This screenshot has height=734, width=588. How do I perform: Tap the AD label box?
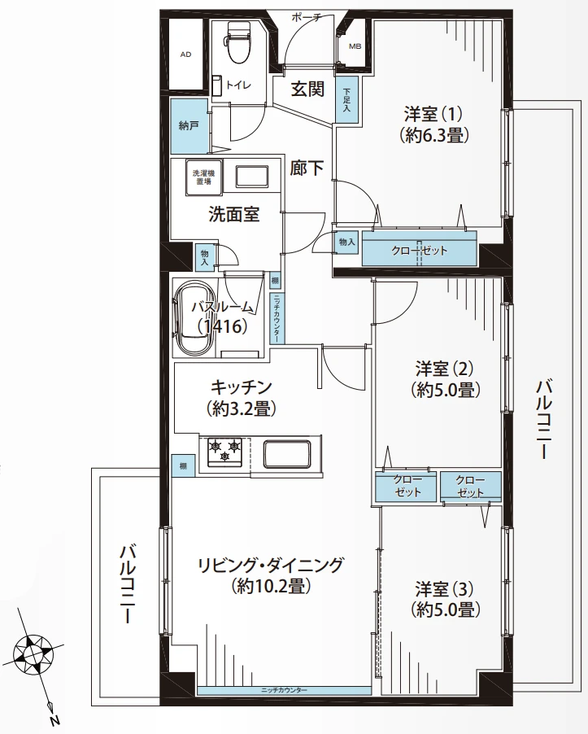(x=186, y=55)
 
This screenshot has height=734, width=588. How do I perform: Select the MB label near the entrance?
(x=355, y=46)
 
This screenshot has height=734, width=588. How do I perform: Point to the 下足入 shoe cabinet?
(x=347, y=101)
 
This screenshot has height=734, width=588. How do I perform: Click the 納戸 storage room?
(x=188, y=126)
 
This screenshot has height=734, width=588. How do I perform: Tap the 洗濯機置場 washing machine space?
(x=203, y=177)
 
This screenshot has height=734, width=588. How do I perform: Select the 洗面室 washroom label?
(x=233, y=215)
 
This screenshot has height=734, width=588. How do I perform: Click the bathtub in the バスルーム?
(x=195, y=318)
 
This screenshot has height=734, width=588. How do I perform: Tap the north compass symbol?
(x=35, y=653)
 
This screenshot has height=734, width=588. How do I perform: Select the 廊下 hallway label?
(x=307, y=168)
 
